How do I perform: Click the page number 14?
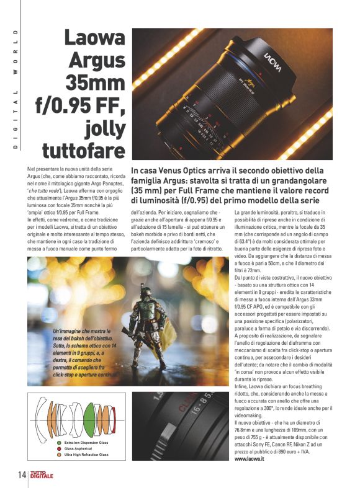(21, 475)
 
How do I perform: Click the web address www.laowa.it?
(251, 459)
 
